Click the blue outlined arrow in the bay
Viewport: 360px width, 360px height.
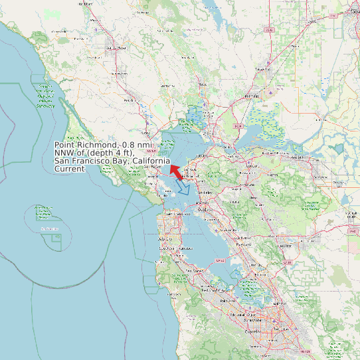point(183,188)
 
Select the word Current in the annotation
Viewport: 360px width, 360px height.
point(69,169)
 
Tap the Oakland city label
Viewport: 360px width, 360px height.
point(203,210)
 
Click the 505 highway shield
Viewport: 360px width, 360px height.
point(268,30)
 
